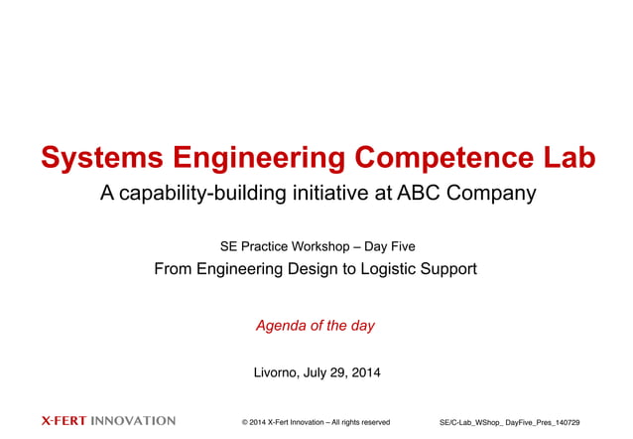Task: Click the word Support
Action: click(446, 269)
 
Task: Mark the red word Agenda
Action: click(281, 326)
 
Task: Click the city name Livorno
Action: click(281, 373)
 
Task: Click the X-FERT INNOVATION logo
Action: click(108, 421)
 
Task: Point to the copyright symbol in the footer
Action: click(245, 422)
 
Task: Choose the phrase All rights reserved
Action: click(361, 422)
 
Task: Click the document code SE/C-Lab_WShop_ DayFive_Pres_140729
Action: click(509, 422)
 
